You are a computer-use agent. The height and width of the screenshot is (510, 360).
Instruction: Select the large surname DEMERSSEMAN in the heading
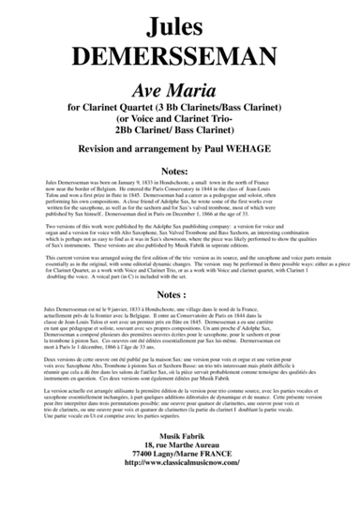[x=180, y=48]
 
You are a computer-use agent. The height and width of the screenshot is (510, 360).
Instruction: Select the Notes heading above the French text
[x=180, y=320]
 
